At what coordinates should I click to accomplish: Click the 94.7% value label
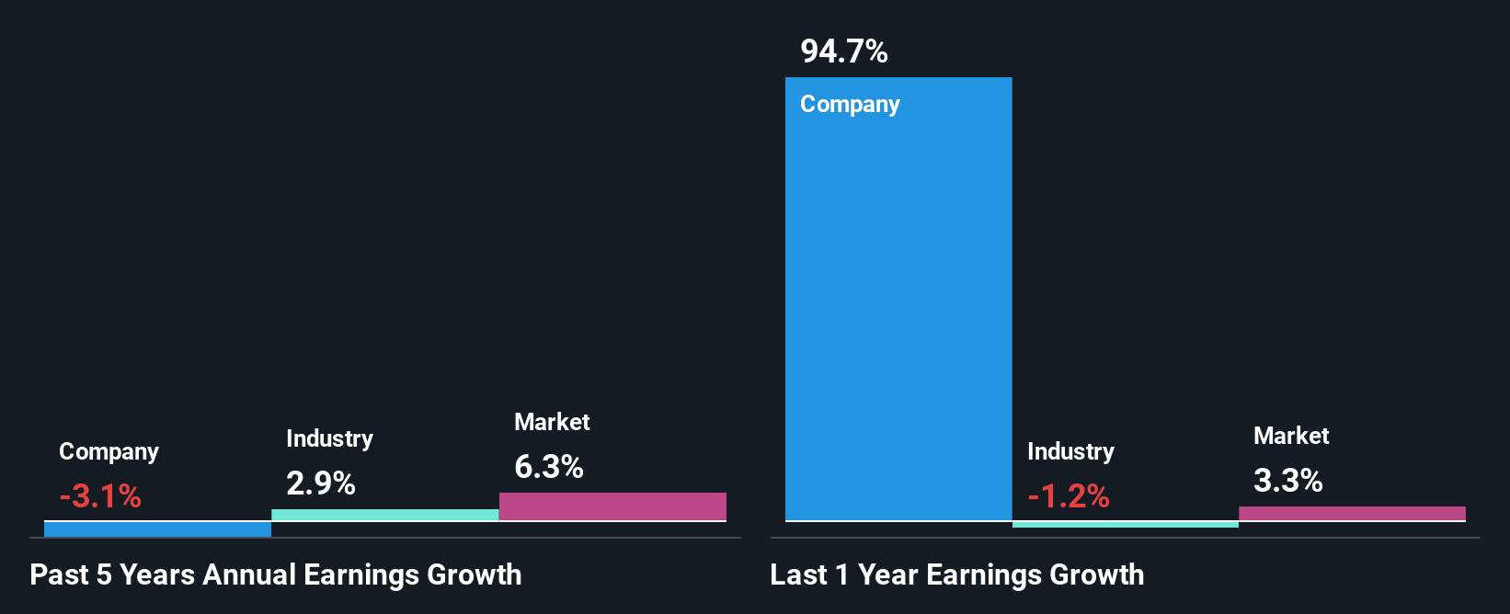point(843,51)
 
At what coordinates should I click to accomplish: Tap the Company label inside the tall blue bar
point(850,105)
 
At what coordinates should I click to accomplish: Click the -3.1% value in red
point(100,496)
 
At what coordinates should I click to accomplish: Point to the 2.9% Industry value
point(320,483)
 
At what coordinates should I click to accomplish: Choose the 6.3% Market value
point(548,467)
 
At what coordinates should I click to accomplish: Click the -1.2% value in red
point(1069,496)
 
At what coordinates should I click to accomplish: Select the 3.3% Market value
point(1287,481)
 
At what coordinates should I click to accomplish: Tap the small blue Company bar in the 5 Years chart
point(157,529)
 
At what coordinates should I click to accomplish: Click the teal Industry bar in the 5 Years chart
point(384,515)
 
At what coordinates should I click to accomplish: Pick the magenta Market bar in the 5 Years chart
point(612,506)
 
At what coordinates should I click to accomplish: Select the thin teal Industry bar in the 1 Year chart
point(1125,524)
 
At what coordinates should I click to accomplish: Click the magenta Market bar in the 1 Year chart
point(1352,513)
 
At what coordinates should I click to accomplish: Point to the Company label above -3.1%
point(109,451)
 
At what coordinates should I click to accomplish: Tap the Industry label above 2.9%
point(329,438)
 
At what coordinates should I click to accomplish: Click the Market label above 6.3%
point(552,422)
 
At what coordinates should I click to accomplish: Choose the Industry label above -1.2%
point(1070,451)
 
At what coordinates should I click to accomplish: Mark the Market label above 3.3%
point(1291,436)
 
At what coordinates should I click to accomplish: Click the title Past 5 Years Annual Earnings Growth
point(276,574)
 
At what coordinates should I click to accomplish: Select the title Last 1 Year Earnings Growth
point(956,574)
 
